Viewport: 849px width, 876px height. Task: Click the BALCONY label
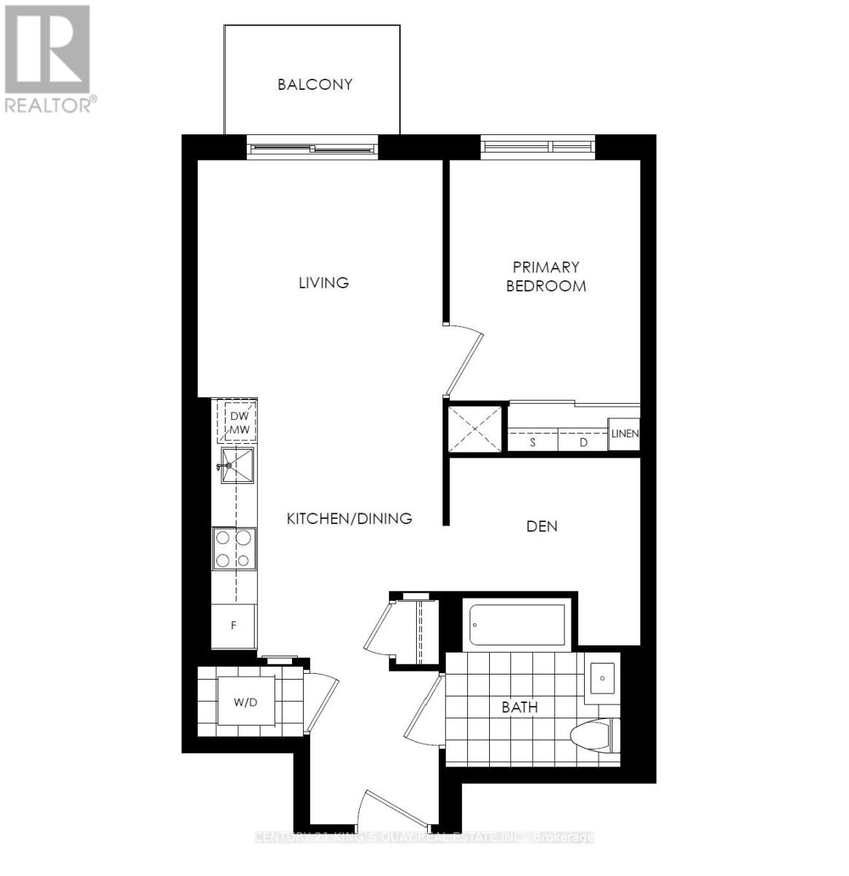(315, 85)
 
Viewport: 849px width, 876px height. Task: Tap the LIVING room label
(323, 283)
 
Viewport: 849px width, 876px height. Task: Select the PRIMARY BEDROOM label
(546, 277)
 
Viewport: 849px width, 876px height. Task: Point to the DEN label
(542, 526)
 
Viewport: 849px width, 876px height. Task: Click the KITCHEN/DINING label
(349, 519)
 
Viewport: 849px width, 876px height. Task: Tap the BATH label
(520, 707)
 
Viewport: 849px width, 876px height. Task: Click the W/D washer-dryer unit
(246, 703)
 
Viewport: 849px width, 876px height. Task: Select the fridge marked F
(234, 626)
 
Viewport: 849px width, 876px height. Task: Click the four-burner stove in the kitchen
(234, 548)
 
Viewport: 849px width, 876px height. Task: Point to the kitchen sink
(237, 465)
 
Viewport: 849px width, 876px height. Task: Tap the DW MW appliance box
(239, 423)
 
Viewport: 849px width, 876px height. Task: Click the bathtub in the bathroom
(517, 625)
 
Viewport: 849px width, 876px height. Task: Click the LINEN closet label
(624, 434)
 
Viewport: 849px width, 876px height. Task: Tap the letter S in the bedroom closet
(533, 442)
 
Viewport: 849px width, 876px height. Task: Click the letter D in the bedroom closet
(583, 442)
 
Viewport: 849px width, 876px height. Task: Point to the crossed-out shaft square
(476, 428)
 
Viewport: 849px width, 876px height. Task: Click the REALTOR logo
(48, 58)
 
